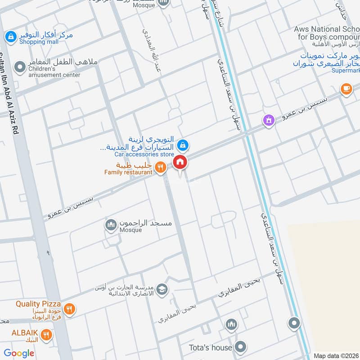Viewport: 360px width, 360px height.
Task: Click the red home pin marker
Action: (180, 162)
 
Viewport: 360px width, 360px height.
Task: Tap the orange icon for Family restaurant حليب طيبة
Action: (160, 168)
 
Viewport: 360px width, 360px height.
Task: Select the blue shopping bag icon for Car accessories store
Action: (182, 145)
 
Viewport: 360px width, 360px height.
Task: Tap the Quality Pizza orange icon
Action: (69, 309)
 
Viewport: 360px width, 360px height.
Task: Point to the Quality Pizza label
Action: (38, 304)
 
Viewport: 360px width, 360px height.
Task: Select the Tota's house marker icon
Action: (241, 347)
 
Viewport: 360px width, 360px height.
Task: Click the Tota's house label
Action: (211, 347)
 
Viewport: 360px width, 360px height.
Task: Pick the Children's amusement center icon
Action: (20, 68)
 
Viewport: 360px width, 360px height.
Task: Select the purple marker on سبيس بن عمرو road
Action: (269, 120)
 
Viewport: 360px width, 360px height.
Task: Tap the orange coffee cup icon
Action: (346, 89)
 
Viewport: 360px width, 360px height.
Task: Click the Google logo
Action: (19, 353)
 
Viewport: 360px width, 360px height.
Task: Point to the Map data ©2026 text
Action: (336, 355)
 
